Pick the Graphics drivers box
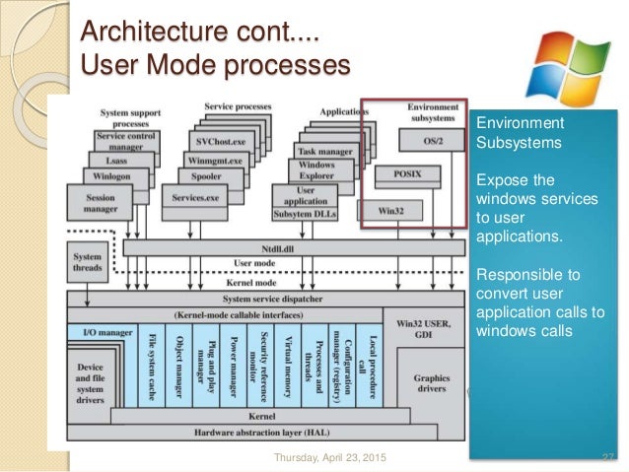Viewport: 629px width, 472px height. coord(431,383)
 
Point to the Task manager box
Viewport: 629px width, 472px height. coord(324,150)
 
